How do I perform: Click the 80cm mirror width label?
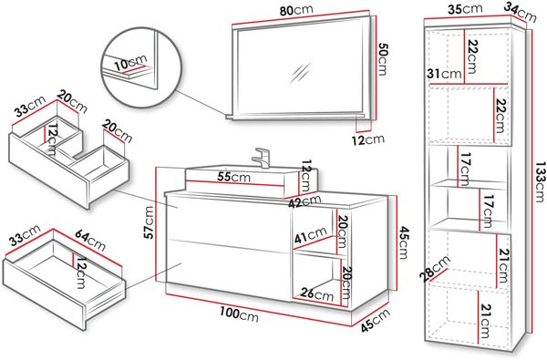tap(296, 10)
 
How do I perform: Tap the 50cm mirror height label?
tap(382, 59)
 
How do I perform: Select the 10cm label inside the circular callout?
tap(130, 63)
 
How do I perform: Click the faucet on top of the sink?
tap(261, 158)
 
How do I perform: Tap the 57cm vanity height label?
tap(149, 222)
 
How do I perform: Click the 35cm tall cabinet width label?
tap(465, 9)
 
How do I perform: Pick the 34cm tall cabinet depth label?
tap(520, 13)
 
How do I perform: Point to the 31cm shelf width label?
tap(444, 74)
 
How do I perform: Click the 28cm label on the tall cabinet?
tap(436, 268)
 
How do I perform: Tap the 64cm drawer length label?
tap(90, 241)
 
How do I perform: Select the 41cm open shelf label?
tap(311, 235)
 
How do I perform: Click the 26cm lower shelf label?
tap(317, 294)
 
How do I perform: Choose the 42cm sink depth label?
tap(304, 201)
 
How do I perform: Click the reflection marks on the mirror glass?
tap(299, 73)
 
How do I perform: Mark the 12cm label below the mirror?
tap(368, 139)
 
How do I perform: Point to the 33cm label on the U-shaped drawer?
tap(30, 106)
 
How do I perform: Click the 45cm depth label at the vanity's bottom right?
tap(375, 320)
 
